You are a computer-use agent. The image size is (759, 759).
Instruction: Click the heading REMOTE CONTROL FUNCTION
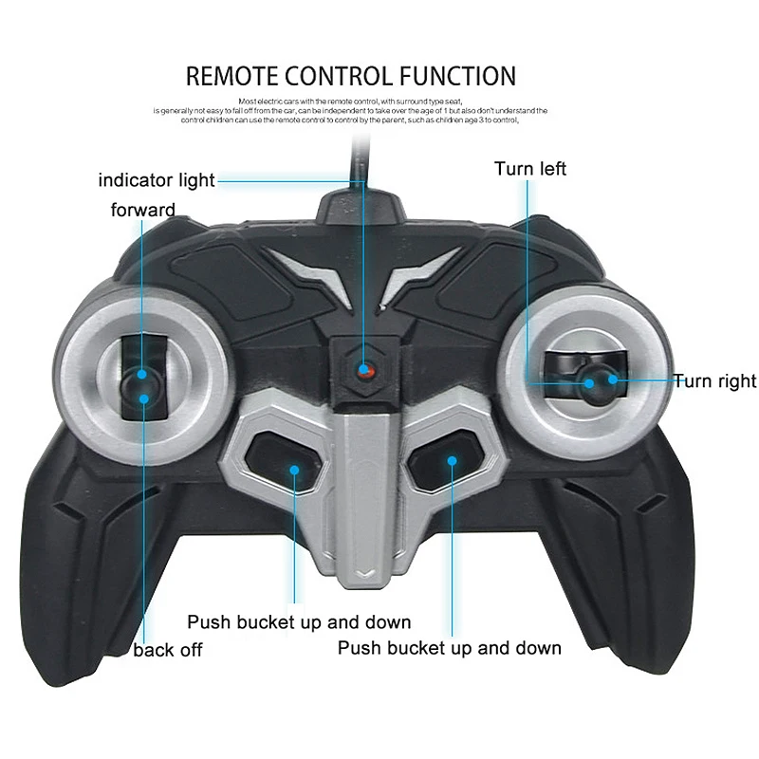[351, 76]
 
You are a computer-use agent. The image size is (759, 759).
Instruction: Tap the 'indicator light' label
[157, 179]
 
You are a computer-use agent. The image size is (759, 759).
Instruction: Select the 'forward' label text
[143, 210]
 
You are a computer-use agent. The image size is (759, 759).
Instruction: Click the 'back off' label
[168, 650]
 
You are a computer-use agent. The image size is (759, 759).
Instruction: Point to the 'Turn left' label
[530, 169]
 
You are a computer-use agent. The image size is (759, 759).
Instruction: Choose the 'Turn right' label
[715, 381]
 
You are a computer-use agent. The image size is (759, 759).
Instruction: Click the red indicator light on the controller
[364, 370]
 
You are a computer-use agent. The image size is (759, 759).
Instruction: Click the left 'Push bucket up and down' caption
[299, 622]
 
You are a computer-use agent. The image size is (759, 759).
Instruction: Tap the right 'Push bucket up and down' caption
[450, 648]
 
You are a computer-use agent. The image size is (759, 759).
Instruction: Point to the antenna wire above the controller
[359, 157]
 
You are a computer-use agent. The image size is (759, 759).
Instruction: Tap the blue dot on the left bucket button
[295, 469]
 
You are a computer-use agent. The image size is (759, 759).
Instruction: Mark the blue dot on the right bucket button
[453, 461]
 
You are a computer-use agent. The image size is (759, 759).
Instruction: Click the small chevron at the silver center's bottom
[365, 573]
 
